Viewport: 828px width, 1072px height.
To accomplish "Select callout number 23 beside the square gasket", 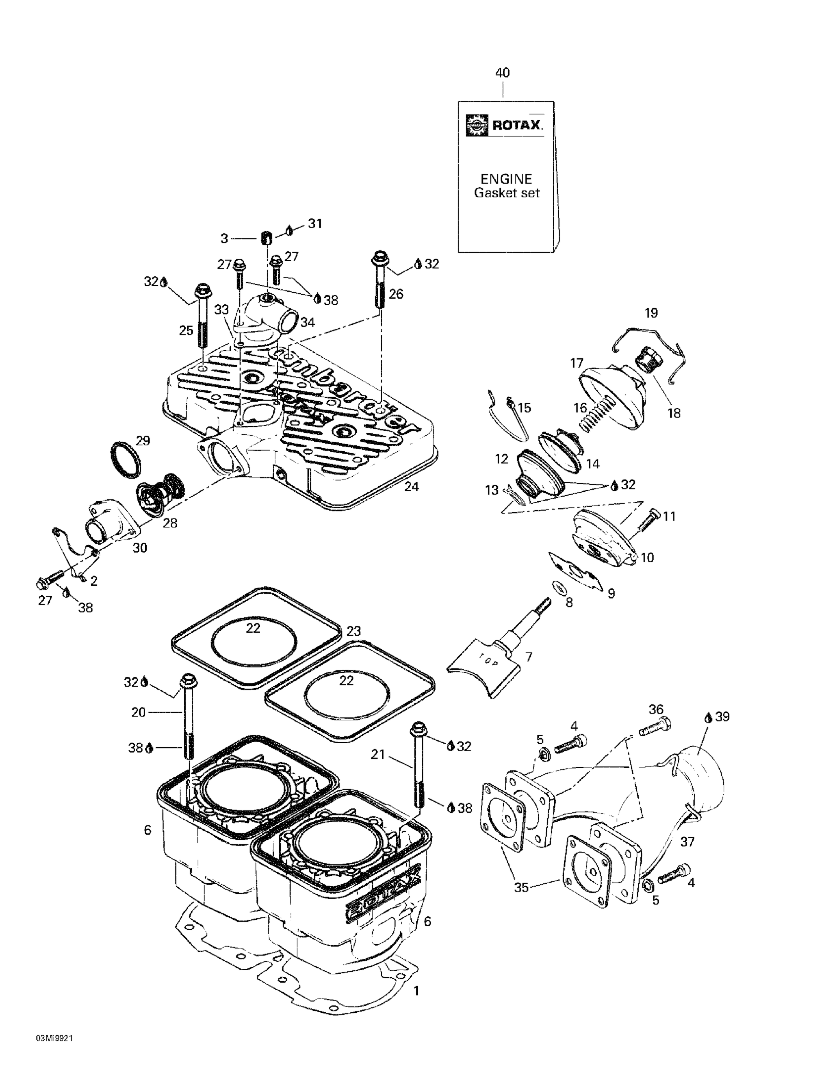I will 354,631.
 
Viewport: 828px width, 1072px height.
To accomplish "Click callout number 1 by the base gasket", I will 416,987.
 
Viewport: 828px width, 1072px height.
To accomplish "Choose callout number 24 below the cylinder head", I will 412,487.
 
